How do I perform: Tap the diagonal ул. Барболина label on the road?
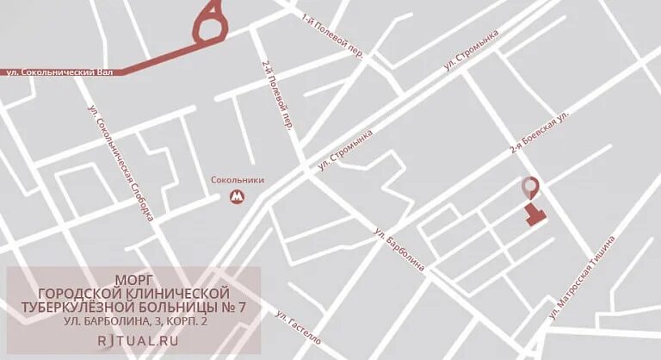[x=399, y=250]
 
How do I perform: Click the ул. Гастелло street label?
[x=299, y=328]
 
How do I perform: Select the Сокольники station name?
[x=238, y=180]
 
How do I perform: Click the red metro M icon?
[x=237, y=198]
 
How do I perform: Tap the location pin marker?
[x=532, y=186]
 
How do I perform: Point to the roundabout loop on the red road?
[x=210, y=26]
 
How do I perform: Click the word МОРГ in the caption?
[x=134, y=280]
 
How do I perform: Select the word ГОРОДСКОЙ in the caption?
[x=82, y=293]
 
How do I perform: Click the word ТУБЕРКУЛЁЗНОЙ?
[x=83, y=307]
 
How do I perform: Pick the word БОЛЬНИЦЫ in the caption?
[x=186, y=307]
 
